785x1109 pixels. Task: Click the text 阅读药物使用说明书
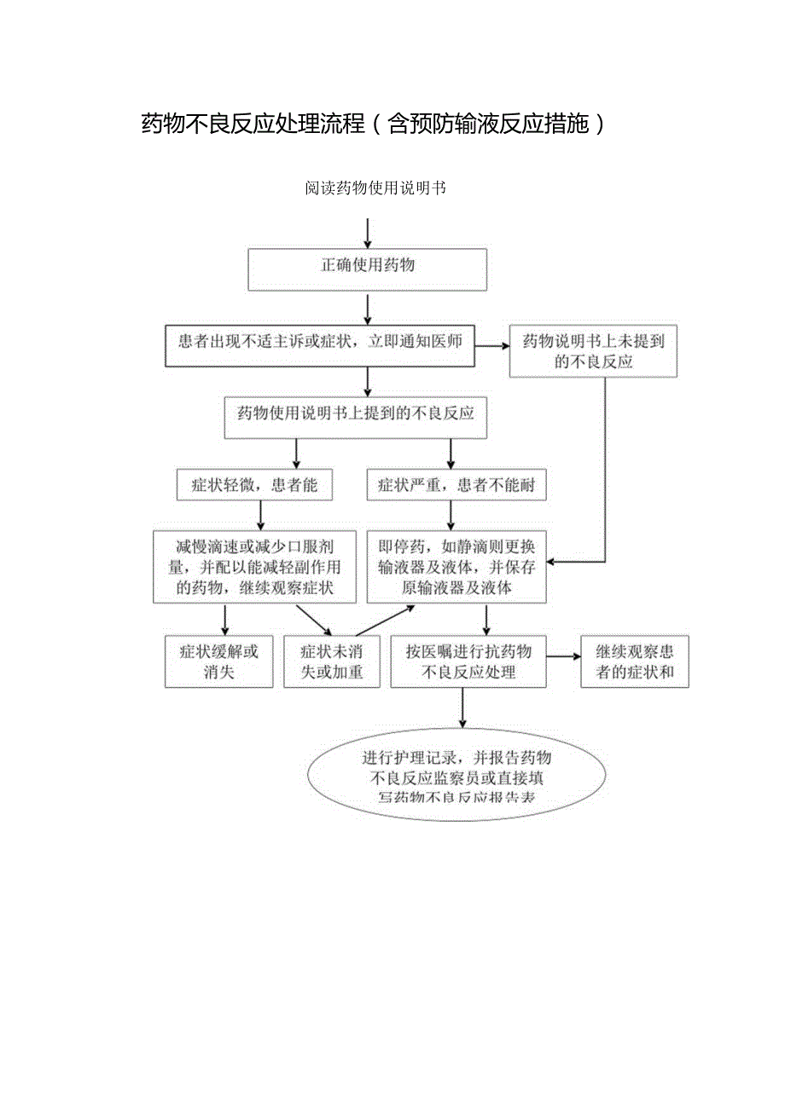(375, 188)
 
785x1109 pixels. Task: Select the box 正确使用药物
(367, 269)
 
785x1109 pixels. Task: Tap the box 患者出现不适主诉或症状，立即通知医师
(320, 344)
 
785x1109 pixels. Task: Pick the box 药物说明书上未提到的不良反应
(593, 351)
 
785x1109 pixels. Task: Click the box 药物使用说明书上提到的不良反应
(355, 417)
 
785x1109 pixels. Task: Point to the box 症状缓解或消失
(218, 661)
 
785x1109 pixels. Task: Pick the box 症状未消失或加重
(331, 661)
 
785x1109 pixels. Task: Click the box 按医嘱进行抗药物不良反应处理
(468, 661)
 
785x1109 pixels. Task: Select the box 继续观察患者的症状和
(634, 661)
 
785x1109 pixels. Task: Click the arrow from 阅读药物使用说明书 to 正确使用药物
(367, 232)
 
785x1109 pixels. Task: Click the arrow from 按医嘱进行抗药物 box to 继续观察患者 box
(562, 656)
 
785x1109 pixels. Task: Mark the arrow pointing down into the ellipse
(462, 708)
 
